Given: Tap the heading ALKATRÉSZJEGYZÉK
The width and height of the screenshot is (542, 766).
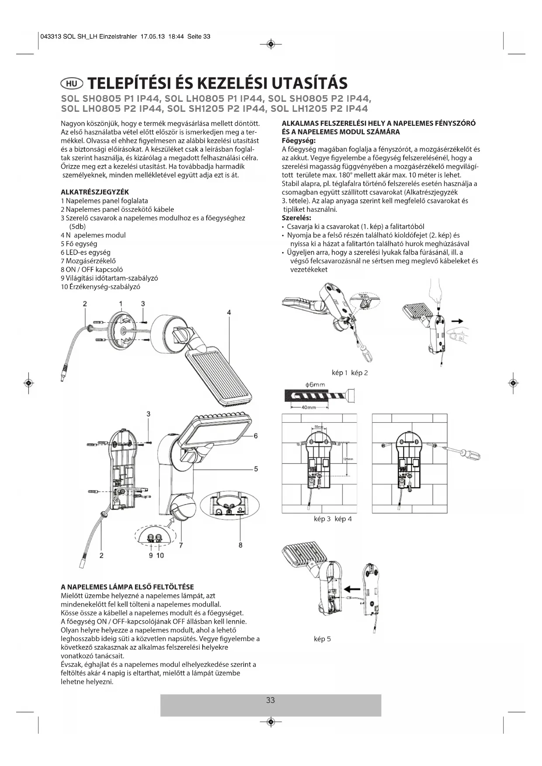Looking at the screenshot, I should [x=95, y=192].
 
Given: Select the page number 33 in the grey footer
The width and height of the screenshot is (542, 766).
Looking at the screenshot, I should [x=270, y=700].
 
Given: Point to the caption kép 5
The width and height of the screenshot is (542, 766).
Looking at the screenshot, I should [x=322, y=639].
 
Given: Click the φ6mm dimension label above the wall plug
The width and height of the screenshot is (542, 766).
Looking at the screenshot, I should [x=315, y=385].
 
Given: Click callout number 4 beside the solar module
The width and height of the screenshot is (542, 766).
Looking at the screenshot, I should [x=229, y=312].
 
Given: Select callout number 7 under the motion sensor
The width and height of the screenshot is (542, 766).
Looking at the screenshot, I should [x=181, y=545].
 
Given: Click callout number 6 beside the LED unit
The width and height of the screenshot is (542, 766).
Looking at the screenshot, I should [x=256, y=435].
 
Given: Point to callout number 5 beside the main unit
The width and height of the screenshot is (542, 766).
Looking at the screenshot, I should [x=256, y=469].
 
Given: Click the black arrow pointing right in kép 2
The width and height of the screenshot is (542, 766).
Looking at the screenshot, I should [x=457, y=321].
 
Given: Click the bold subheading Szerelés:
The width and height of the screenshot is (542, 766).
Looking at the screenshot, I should [x=297, y=218].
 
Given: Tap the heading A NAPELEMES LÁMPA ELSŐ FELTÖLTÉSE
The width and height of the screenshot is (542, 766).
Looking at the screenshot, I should [x=127, y=587].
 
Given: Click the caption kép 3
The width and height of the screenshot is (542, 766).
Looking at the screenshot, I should [x=322, y=519].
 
